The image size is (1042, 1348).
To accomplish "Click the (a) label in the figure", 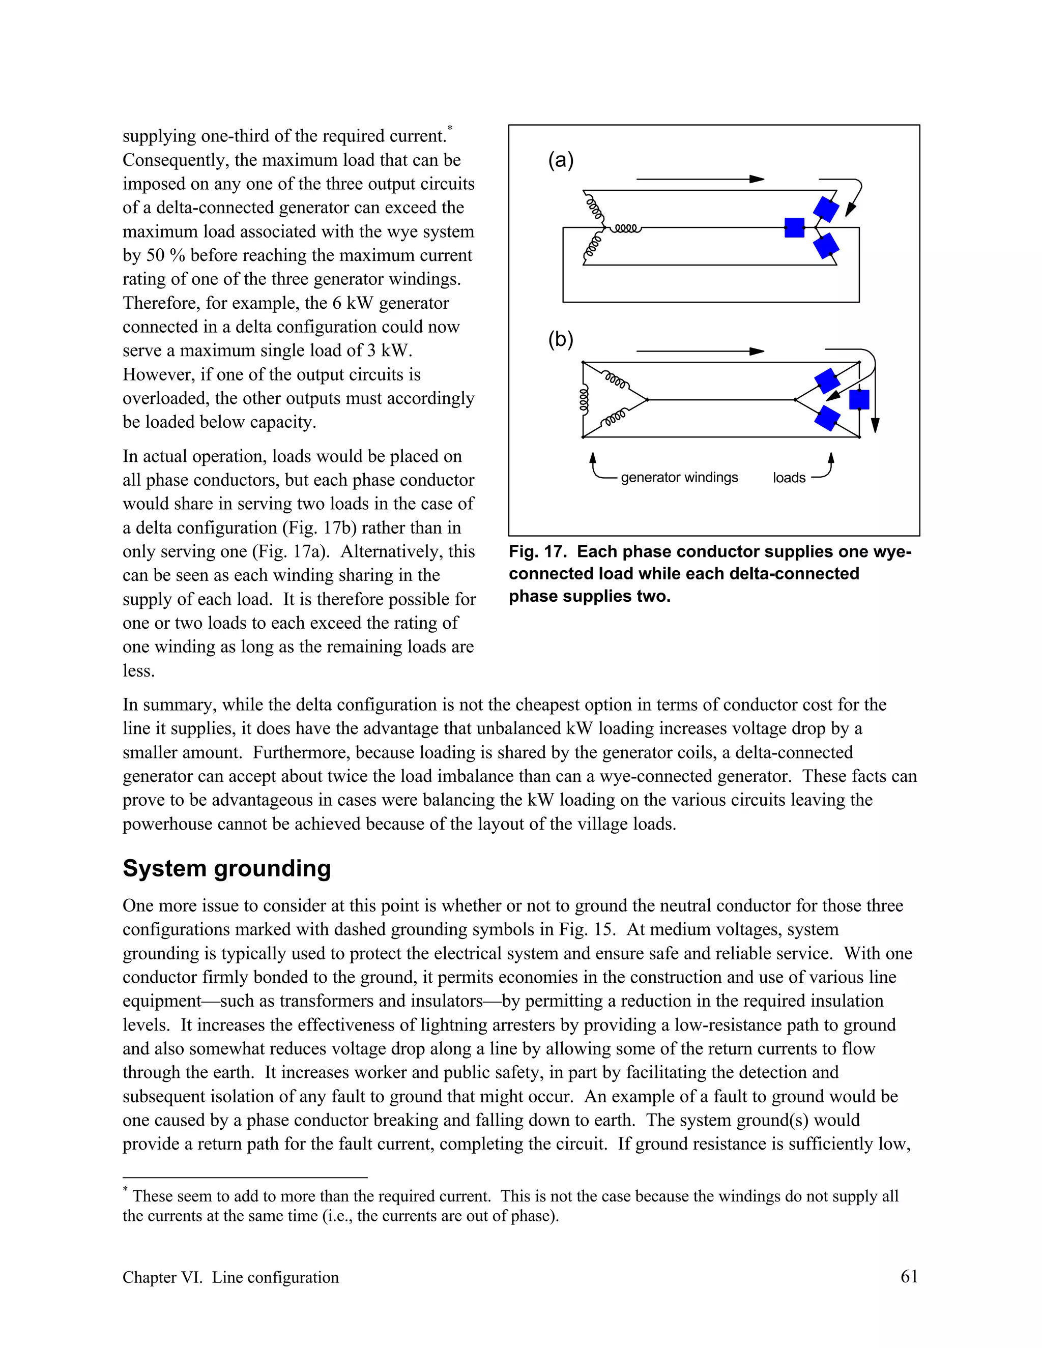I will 561,160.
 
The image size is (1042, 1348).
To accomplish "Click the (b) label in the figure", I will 561,339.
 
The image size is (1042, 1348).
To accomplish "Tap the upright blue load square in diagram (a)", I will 794,228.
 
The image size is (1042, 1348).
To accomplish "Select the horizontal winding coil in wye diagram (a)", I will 626,229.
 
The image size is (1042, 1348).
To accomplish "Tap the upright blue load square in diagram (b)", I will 859,400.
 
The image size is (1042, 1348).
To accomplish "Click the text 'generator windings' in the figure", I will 679,478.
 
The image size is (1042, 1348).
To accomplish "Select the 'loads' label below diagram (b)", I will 789,478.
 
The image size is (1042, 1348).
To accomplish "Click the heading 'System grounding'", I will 226,868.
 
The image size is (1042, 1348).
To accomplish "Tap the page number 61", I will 909,1276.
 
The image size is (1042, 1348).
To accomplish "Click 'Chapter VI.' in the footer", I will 162,1277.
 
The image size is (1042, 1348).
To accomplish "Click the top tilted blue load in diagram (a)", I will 826,209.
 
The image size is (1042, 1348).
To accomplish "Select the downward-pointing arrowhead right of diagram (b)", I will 875,425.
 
